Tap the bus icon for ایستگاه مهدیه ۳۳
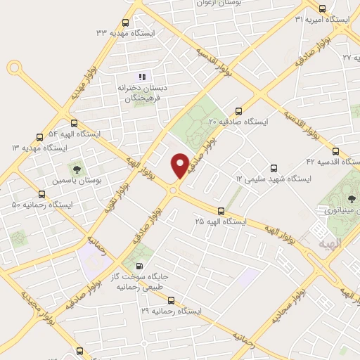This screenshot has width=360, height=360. [125, 22]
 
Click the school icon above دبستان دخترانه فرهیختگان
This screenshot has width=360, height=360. [141, 77]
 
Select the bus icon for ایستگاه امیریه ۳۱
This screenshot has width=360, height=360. [322, 9]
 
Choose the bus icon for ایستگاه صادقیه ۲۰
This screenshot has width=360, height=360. [238, 111]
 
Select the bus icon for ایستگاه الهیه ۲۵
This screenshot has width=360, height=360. [221, 210]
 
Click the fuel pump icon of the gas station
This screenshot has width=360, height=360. [139, 266]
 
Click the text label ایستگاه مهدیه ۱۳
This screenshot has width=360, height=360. [41, 148]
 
